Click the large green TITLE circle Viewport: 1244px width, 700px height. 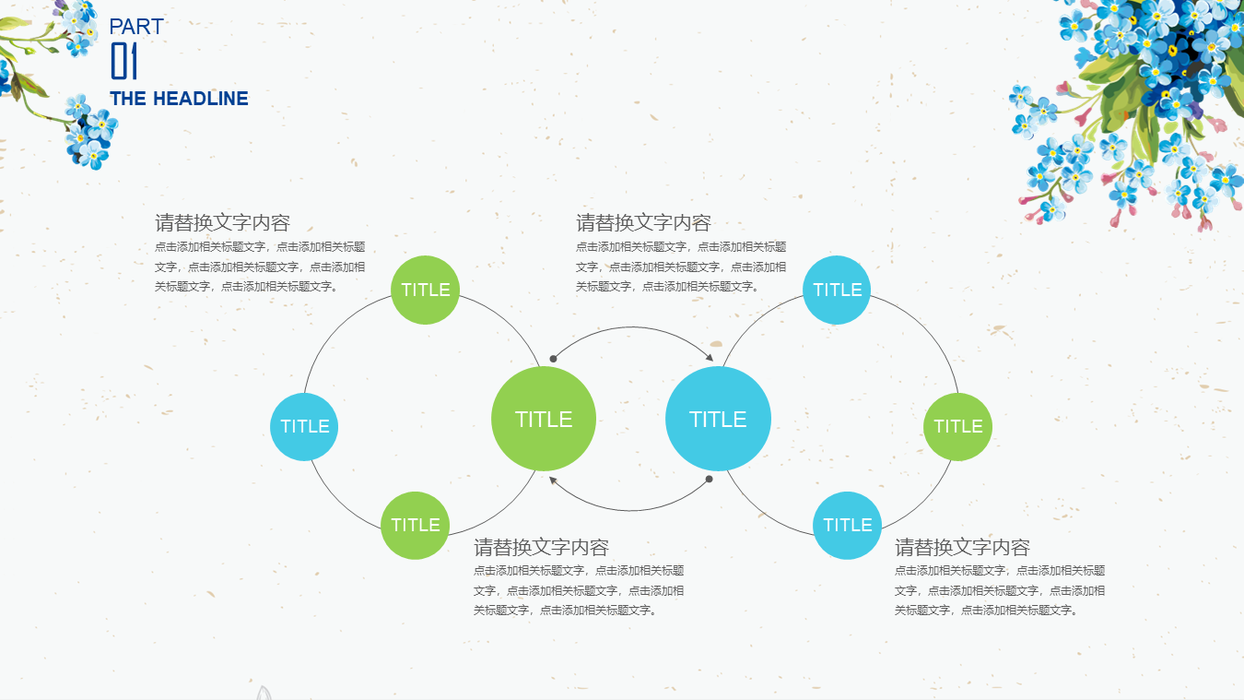[x=544, y=419]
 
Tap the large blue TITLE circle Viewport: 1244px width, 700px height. [x=718, y=419]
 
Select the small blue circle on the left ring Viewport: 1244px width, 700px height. [x=304, y=426]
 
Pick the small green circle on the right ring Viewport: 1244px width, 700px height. [x=957, y=426]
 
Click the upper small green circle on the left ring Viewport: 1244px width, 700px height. [x=425, y=290]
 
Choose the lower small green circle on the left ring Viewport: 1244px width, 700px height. [x=415, y=525]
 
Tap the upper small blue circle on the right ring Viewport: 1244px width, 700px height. [x=837, y=290]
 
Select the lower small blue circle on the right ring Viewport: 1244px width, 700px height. [x=847, y=525]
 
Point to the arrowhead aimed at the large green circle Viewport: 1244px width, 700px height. [x=553, y=480]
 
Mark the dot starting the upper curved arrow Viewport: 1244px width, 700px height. [x=553, y=359]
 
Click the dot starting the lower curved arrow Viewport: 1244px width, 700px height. [x=709, y=479]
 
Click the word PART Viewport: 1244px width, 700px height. [x=136, y=27]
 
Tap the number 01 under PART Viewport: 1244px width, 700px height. [x=123, y=61]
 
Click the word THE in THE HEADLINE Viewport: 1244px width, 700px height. [x=128, y=99]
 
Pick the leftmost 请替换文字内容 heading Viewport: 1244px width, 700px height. [x=222, y=223]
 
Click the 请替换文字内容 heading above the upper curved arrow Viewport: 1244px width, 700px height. [x=643, y=223]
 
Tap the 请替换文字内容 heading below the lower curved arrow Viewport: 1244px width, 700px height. [x=541, y=547]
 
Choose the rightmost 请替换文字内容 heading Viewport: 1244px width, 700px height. [x=962, y=547]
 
